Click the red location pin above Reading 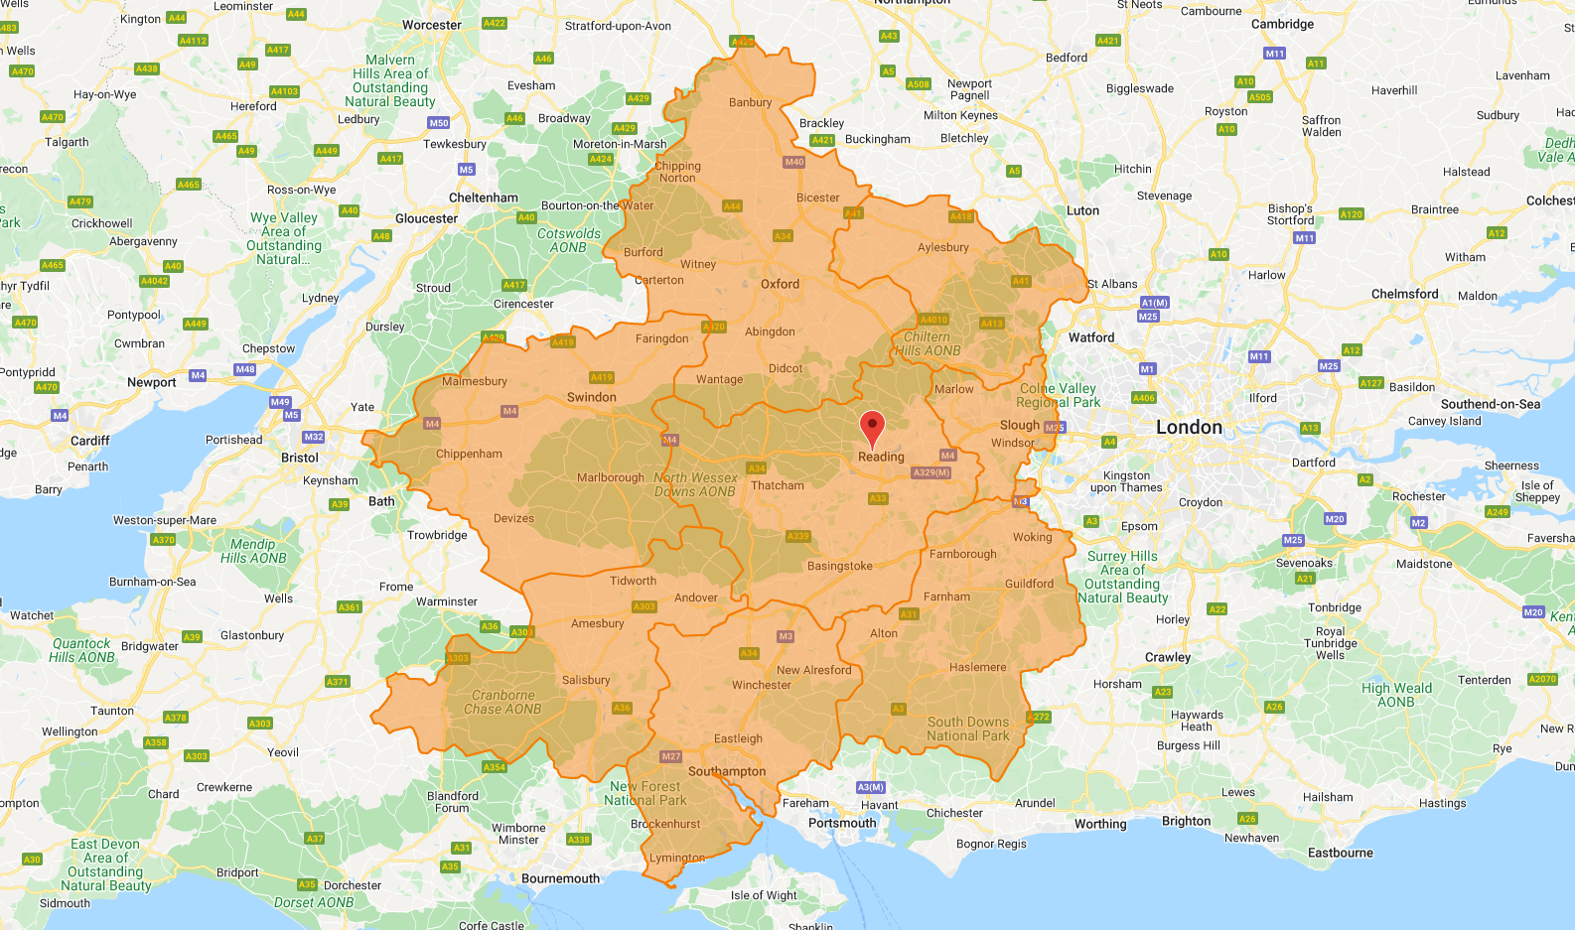pos(872,428)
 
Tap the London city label pos(1189,427)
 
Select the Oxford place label pos(780,284)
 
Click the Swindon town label pos(591,397)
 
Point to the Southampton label pos(727,771)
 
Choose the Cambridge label pos(1281,24)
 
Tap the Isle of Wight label pos(764,895)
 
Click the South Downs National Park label pos(967,729)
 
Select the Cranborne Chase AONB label pos(502,702)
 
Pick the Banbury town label pos(750,102)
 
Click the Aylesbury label pos(942,247)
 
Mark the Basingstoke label pos(839,566)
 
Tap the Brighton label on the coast pos(1186,821)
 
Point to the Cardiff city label pos(89,441)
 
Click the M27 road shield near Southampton pos(671,756)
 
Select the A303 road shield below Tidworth pos(644,606)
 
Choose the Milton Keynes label pos(960,115)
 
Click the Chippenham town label pos(469,454)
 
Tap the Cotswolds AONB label pos(568,240)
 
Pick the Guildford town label pos(1029,584)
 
